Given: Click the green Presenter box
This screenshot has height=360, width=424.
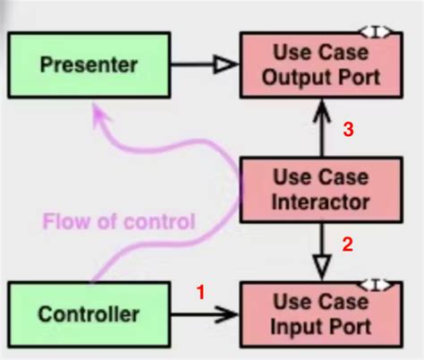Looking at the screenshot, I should pos(89,65).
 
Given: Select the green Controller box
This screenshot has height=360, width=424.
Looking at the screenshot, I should pos(89,313).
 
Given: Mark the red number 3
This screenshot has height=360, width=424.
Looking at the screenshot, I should pos(350,131).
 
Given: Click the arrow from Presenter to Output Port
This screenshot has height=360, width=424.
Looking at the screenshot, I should pos(203,64).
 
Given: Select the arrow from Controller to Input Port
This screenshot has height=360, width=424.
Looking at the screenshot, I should pos(203,313).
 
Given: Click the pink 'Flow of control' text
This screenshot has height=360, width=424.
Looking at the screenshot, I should pos(118,221).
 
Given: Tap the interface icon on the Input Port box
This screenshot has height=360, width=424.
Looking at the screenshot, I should pos(377,284).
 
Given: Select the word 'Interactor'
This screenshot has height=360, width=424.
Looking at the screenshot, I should pos(319,201).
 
